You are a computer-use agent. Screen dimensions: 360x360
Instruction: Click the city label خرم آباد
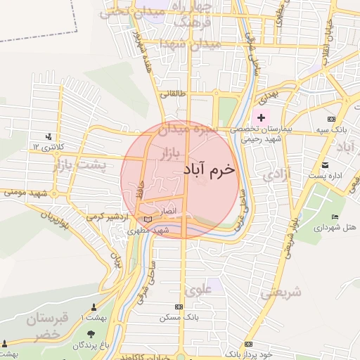click(x=208, y=169)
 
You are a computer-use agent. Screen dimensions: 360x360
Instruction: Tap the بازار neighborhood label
click(x=168, y=153)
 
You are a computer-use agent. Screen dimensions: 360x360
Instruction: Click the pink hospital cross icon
click(x=262, y=117)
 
